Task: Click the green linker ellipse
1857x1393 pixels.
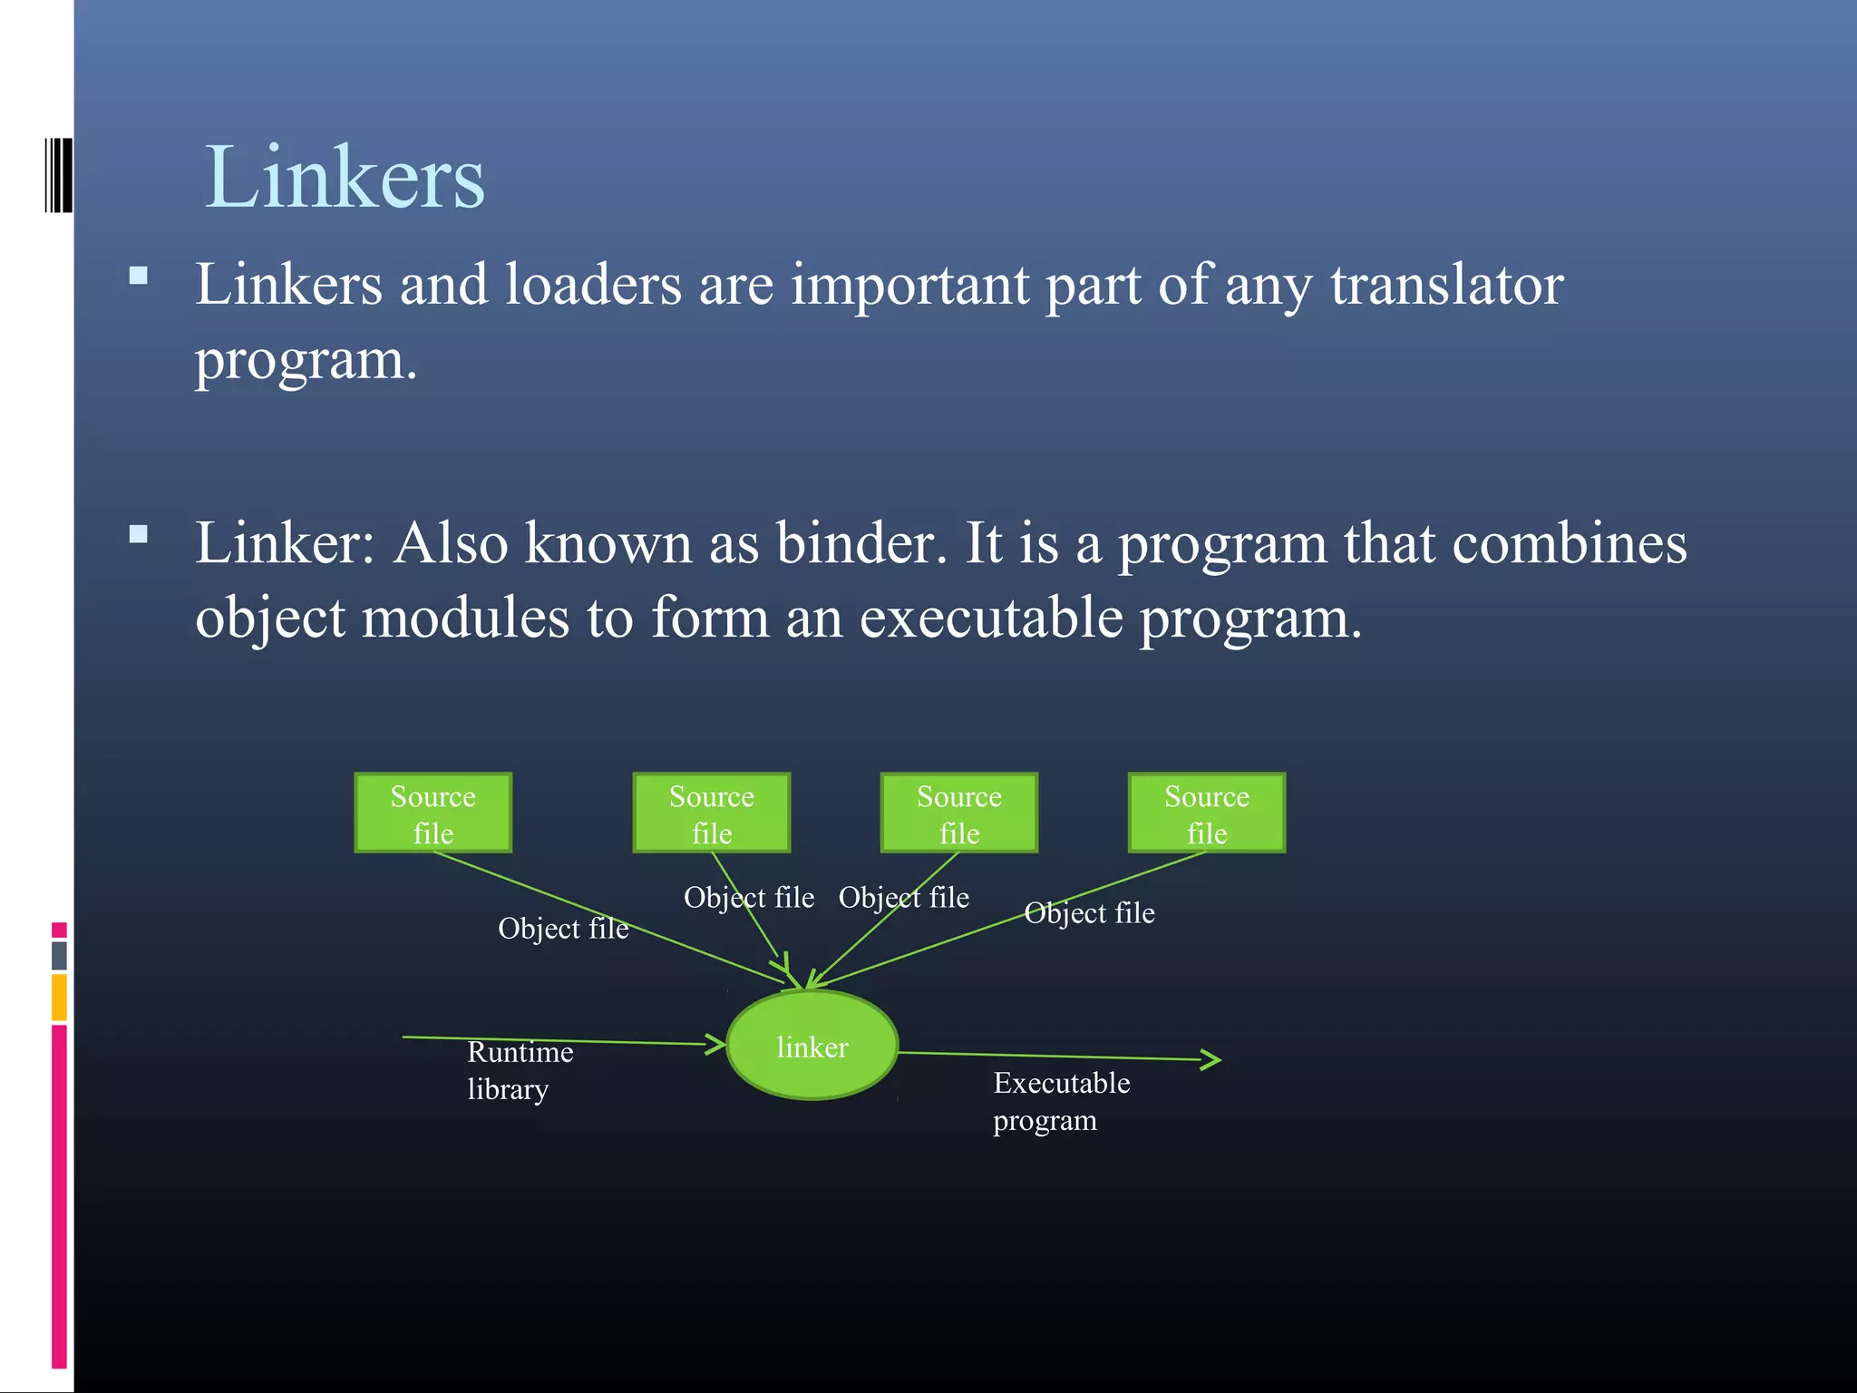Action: coord(812,1046)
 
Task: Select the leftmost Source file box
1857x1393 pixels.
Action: coord(433,813)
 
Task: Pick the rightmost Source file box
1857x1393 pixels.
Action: coord(1206,813)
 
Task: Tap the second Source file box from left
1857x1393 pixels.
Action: coord(711,813)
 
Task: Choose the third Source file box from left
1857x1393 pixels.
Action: coord(958,813)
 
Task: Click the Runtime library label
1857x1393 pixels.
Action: coord(520,1070)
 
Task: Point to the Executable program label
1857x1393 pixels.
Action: coord(1061,1101)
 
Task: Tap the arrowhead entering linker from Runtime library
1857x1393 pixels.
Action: coord(717,1044)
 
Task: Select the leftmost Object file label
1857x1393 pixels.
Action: coord(562,929)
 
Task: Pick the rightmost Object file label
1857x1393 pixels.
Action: coord(1089,913)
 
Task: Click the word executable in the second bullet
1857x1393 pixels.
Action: coord(991,619)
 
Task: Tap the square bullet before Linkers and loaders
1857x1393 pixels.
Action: coord(139,276)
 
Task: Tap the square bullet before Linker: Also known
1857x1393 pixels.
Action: coord(139,533)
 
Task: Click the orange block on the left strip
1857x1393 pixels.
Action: coord(59,997)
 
